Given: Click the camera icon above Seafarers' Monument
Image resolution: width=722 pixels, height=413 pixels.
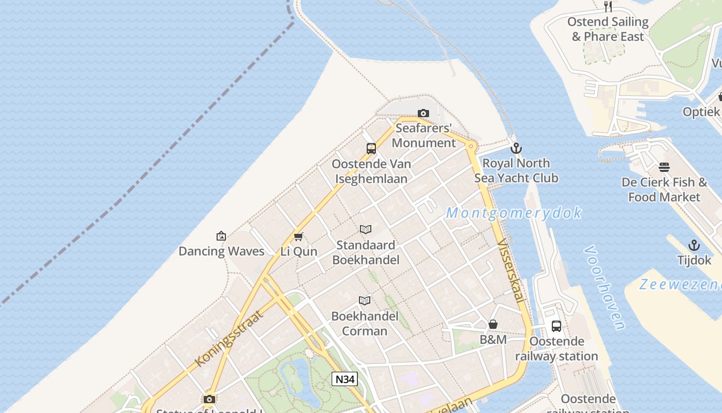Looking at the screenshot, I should coord(423,113).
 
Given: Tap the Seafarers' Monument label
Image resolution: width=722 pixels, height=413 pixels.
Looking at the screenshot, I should coord(424,135).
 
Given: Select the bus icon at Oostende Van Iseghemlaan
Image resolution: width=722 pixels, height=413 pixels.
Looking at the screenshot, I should coord(371,149).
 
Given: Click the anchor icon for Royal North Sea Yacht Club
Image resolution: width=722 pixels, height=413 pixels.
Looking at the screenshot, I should coord(516,149).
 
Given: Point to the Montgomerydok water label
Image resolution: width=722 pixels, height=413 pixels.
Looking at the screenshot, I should coord(514,213).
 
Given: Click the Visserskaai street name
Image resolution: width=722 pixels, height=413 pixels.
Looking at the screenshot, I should coord(511,271).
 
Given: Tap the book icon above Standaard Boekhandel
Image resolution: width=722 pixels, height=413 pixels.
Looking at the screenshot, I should coord(366,229).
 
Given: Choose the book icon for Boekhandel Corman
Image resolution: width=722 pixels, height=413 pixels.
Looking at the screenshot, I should coord(365,300).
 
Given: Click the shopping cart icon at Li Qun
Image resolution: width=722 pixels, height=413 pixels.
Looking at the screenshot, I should coord(298,236).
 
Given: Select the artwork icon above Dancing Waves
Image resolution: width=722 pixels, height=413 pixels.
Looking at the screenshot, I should coord(221,236).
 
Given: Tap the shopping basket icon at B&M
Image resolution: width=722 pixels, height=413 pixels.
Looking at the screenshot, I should coord(493,324).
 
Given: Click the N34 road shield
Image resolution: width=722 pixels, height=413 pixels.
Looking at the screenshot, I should coord(344,379).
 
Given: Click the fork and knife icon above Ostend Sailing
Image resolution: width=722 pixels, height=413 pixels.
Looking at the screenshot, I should coord(608,7).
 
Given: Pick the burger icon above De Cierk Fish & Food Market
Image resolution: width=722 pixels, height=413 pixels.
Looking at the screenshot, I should coord(664,167).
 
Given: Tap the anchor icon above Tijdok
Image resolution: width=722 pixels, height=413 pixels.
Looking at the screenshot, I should coord(694,245).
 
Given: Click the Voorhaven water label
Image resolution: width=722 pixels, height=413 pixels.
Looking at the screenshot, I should coord(604,287).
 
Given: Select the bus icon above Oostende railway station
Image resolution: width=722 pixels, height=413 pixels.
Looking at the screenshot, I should coord(556,326).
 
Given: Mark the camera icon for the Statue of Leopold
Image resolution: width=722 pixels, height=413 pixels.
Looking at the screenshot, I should coord(209,399).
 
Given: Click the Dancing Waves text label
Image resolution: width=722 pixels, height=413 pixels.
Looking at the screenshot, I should coord(221,251).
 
